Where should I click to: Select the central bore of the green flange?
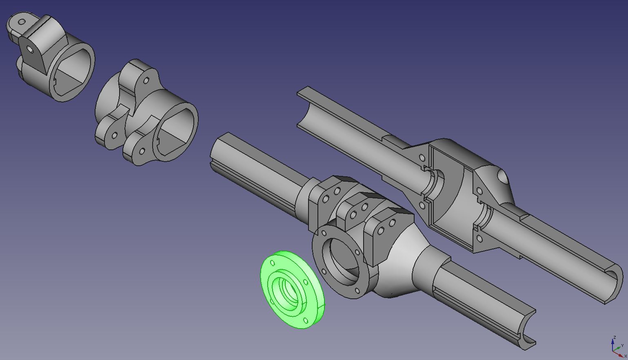pos(291,290)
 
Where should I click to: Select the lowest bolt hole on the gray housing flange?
pos(357,291)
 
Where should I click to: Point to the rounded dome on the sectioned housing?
pos(502,177)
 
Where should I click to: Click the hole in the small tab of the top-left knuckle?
pos(22,22)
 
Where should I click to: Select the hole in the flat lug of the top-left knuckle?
pos(30,49)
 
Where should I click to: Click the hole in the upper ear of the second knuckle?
pos(146,80)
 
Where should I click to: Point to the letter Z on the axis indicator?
pos(615,338)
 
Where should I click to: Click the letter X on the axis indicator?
pos(626,356)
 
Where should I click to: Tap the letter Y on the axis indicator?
pos(622,345)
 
